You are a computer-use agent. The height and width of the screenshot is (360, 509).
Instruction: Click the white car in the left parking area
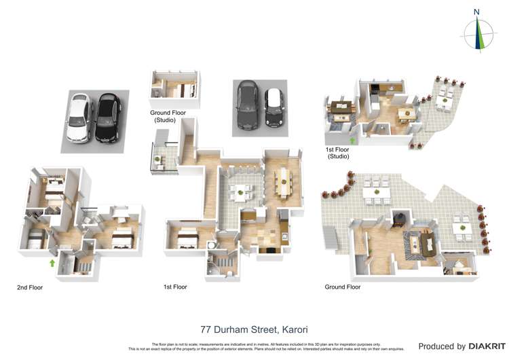[x=80, y=118]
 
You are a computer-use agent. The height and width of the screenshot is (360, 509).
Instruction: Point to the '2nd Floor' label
[x=30, y=288]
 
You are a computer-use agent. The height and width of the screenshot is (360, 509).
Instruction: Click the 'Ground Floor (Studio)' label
[x=164, y=116]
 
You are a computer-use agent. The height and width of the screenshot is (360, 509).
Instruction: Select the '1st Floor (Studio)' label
[x=337, y=153]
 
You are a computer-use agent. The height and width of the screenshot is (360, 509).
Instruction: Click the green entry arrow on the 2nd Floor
[x=52, y=262]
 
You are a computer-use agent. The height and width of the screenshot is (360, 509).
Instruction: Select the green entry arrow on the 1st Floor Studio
[x=352, y=141]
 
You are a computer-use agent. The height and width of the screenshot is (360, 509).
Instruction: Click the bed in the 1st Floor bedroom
[x=184, y=239]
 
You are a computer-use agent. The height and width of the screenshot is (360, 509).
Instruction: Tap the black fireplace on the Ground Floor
[x=398, y=219]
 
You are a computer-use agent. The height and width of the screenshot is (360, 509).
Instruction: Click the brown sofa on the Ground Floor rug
[x=428, y=242]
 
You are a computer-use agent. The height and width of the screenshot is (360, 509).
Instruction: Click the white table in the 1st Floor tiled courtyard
[x=240, y=192]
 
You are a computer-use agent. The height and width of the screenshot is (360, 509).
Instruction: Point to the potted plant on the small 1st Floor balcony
[x=157, y=160]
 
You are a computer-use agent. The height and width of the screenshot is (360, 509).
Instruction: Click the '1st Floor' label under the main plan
[x=175, y=287]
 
